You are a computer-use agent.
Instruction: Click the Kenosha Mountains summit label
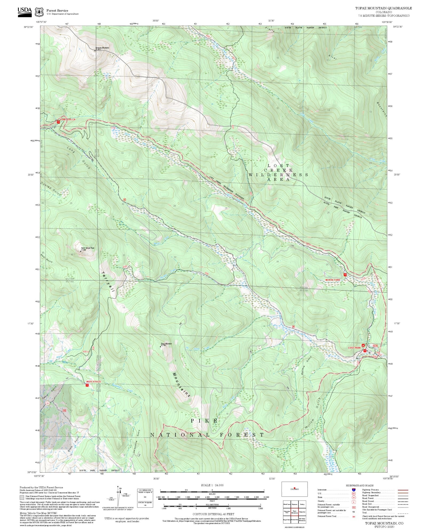[102, 48]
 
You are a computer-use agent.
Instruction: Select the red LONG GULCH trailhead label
[68, 119]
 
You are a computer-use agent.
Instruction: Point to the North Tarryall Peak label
[88, 248]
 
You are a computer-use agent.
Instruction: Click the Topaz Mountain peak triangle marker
[160, 347]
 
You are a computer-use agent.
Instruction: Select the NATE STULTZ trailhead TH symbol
[87, 385]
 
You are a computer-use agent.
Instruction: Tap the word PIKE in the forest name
[204, 421]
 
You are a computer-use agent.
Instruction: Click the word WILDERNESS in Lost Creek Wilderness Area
[278, 175]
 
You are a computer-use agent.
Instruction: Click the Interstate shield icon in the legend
[354, 490]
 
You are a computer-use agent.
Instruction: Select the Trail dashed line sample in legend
[403, 513]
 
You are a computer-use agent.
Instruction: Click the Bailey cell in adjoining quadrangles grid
[302, 504]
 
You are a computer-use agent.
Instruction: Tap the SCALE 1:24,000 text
[212, 485]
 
